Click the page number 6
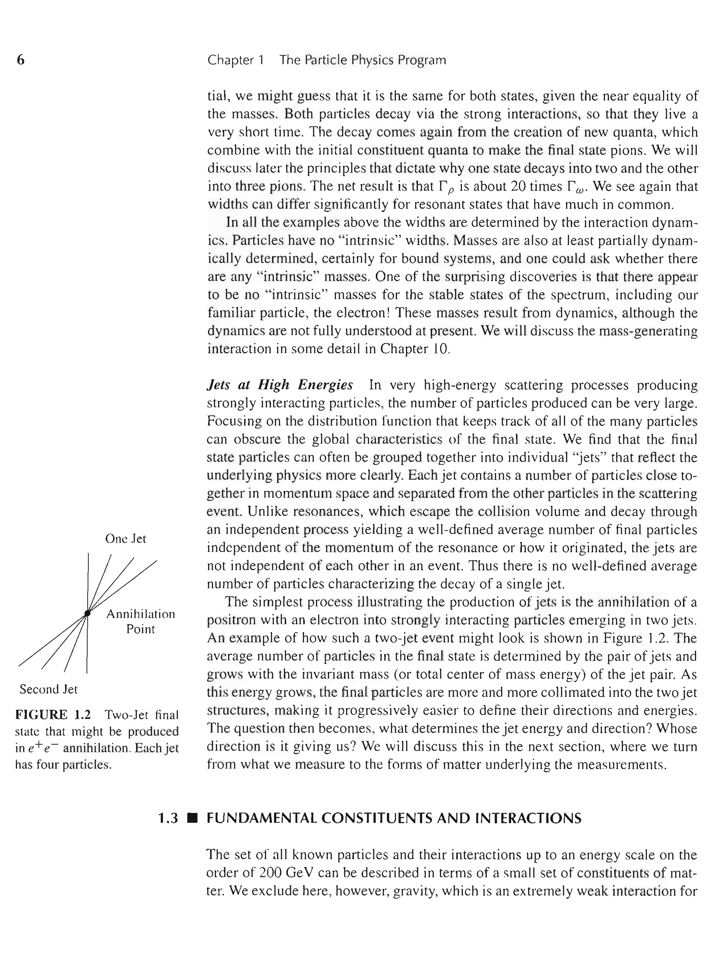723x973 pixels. tap(20, 60)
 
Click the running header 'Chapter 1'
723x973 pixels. tap(235, 60)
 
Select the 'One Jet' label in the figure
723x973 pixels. tap(125, 539)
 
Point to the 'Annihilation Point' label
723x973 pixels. tap(141, 621)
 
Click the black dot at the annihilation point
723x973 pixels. tap(87, 613)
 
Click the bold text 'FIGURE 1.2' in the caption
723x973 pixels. tap(53, 715)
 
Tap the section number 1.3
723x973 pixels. tap(168, 818)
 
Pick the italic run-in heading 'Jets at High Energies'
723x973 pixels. tap(280, 385)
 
